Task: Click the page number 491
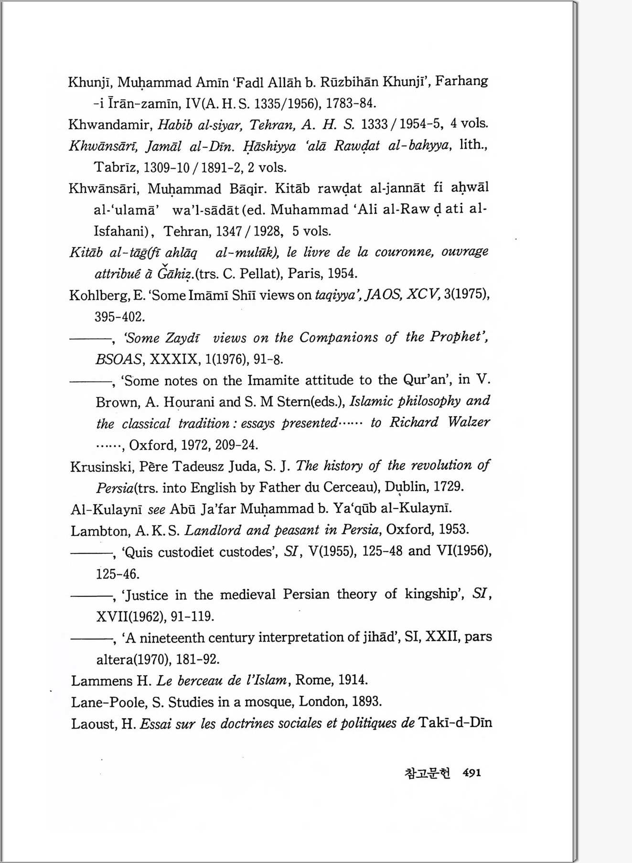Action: click(x=472, y=773)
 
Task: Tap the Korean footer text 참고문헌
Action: click(x=427, y=773)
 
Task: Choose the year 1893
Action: click(x=367, y=701)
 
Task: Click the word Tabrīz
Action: click(x=117, y=167)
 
